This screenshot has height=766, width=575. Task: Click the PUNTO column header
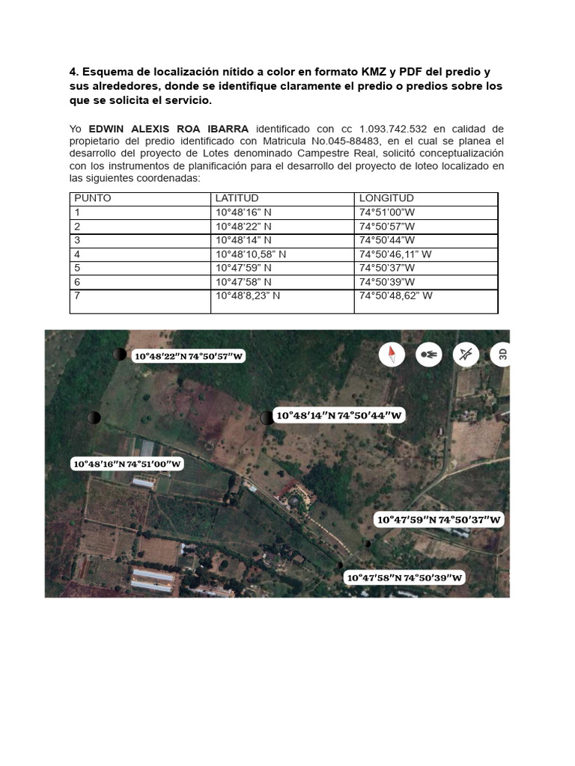(x=91, y=198)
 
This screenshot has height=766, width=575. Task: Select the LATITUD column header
(x=237, y=198)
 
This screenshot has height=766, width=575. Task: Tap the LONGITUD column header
(x=386, y=198)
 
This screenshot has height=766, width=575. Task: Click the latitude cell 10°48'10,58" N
(x=250, y=254)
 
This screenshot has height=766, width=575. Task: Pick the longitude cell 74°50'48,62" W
(x=395, y=295)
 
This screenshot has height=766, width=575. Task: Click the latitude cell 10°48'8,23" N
(x=247, y=295)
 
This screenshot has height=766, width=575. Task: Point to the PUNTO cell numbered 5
(x=77, y=268)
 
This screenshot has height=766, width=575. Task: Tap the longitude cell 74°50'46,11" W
(x=395, y=254)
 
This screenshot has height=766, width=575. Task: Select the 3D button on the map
(x=502, y=354)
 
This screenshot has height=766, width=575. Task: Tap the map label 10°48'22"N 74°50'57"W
(x=189, y=356)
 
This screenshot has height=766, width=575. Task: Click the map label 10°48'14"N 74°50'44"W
(x=340, y=415)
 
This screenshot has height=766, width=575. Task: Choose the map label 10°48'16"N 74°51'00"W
(x=127, y=464)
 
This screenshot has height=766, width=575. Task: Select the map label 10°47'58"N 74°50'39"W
(x=404, y=577)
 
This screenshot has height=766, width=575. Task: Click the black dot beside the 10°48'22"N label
(x=119, y=355)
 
